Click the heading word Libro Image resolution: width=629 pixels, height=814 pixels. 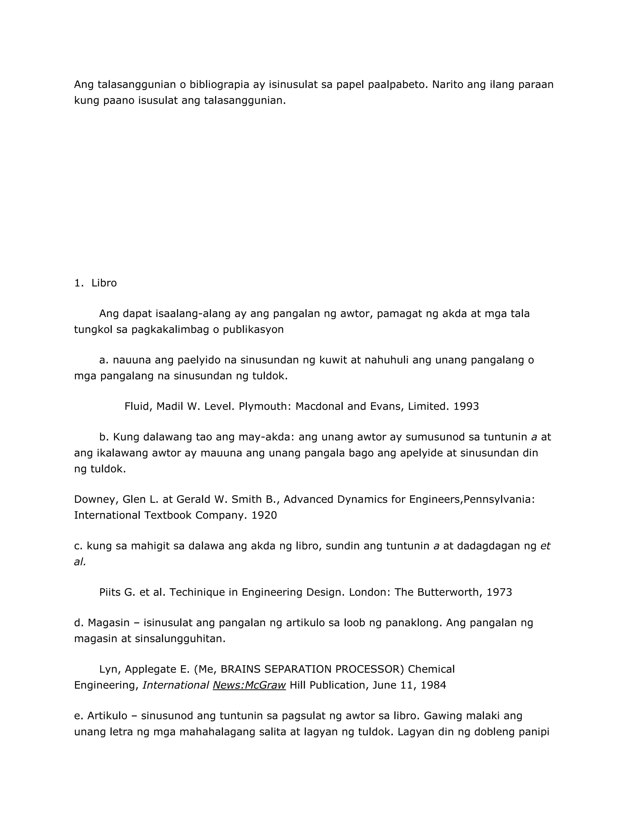104,283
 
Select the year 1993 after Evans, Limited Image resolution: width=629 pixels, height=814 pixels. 466,406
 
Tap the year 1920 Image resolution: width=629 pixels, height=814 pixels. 264,515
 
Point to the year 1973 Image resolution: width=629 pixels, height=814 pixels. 499,592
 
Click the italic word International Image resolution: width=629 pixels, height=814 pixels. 175,685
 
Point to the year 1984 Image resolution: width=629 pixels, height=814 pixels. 433,685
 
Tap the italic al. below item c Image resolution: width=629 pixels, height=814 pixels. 80,562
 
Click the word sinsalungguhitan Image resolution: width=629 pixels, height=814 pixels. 180,639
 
